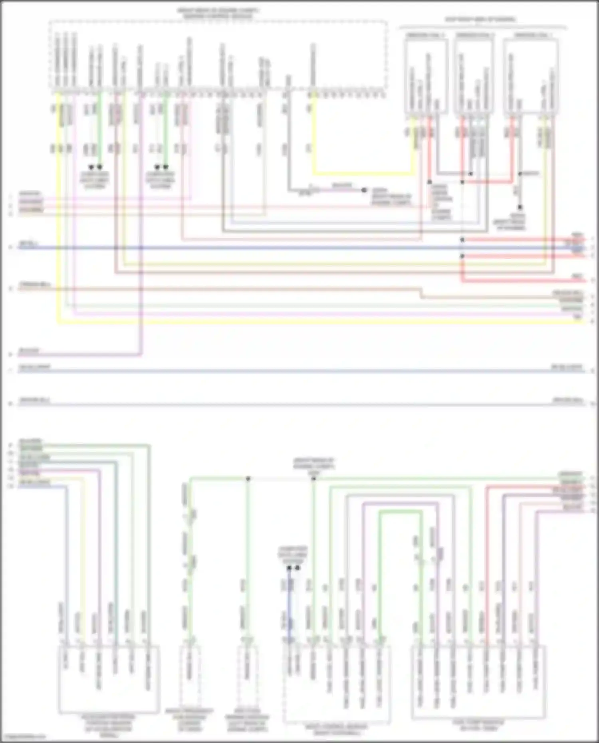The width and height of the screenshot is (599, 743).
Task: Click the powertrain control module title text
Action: (218, 14)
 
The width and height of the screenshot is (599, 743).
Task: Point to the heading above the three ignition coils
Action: (480, 19)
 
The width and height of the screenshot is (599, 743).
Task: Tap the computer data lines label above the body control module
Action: (293, 555)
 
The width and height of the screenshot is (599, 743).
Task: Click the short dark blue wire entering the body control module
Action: (290, 611)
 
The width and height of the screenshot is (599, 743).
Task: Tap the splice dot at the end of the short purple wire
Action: (364, 190)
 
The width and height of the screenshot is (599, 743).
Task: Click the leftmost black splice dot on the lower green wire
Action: (248, 478)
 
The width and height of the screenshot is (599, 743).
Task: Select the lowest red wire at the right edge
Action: (519, 282)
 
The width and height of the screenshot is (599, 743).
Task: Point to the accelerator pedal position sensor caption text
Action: (108, 723)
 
